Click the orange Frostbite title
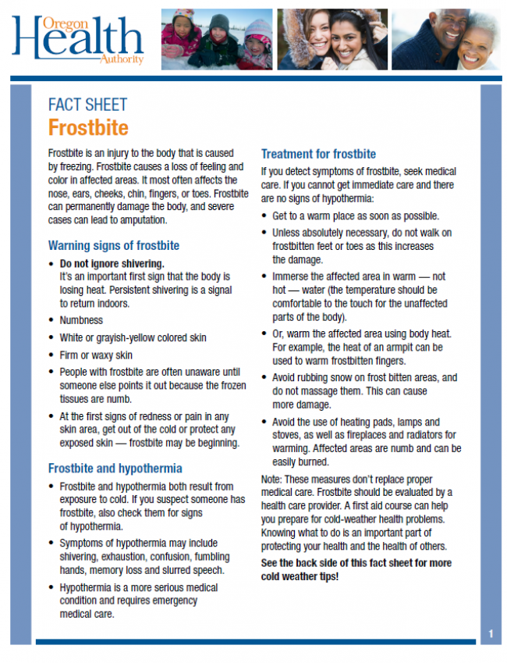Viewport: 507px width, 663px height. tap(87, 127)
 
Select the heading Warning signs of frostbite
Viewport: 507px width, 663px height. tap(114, 246)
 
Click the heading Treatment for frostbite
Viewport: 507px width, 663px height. tap(318, 154)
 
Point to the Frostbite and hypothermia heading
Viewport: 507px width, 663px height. tap(115, 469)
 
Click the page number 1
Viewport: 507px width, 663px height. tap(491, 633)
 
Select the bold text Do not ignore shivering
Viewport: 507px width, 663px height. tap(112, 263)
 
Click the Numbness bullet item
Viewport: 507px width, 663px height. tap(81, 320)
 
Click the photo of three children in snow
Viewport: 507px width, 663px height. tap(217, 38)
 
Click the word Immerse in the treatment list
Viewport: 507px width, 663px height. tap(293, 276)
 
